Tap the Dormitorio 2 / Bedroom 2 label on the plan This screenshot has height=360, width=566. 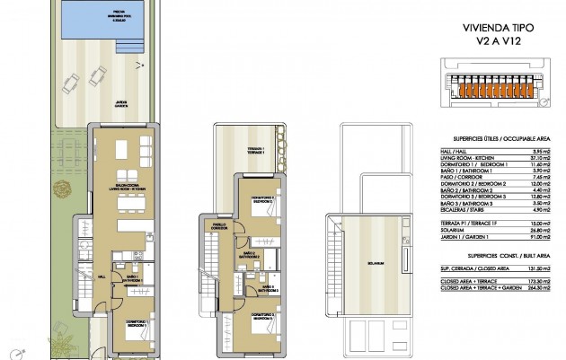point(262,201)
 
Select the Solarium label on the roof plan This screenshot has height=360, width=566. point(375,263)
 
